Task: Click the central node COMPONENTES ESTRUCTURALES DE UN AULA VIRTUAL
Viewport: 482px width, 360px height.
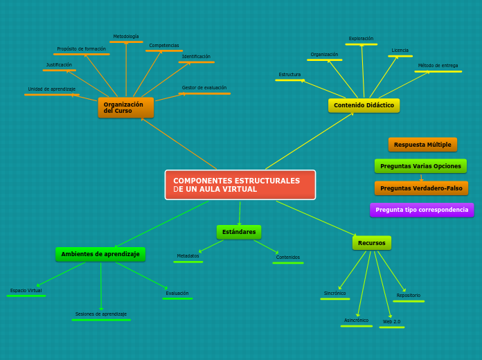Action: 240,185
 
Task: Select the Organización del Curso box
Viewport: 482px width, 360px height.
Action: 125,107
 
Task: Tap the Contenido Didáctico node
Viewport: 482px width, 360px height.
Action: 364,105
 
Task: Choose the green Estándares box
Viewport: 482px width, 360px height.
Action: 239,232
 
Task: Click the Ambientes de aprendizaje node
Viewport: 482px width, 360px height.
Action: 100,254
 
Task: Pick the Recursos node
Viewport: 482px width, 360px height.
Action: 372,243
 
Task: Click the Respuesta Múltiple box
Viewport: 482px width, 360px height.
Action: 422,145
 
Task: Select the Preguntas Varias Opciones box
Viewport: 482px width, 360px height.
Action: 420,166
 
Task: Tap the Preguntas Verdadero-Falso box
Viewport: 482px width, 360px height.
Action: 421,188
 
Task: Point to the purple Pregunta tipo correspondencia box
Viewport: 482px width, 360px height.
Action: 422,210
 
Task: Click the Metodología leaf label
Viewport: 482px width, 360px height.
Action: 126,37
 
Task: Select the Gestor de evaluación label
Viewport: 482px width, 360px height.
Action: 204,88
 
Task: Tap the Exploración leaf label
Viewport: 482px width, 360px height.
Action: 361,39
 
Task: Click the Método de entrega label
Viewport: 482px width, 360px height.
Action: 438,66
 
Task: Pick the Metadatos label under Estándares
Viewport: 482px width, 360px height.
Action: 188,256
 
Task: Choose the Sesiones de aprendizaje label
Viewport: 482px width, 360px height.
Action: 101,314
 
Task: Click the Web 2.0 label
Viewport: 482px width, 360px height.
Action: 391,322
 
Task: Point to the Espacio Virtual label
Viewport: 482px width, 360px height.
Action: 26,291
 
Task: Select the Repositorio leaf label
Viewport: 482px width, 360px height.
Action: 408,296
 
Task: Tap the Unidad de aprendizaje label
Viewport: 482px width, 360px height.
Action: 52,89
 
